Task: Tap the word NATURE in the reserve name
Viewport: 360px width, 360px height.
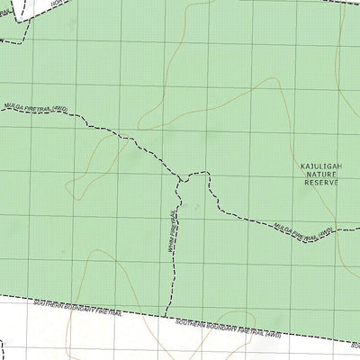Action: coord(318,175)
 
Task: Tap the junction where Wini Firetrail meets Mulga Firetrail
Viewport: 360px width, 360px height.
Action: coord(181,178)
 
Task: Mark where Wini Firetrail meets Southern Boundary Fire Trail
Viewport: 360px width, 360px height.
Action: coord(169,315)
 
